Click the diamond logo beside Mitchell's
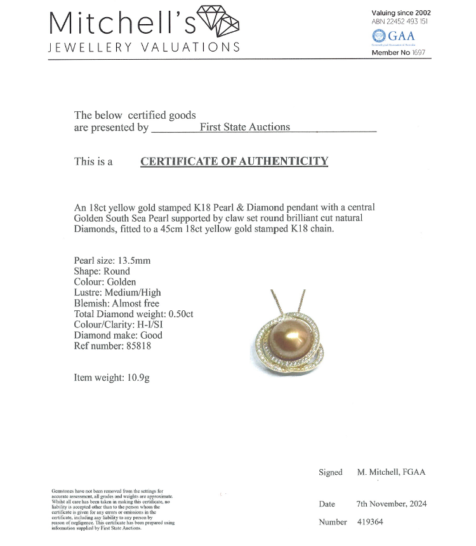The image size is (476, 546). [219, 24]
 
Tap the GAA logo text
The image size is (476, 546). [401, 36]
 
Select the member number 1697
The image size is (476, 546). [418, 53]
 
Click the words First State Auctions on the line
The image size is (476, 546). [244, 127]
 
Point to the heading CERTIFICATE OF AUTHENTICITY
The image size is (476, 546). [234, 161]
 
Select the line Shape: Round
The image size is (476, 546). [102, 271]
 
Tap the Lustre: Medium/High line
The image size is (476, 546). [117, 292]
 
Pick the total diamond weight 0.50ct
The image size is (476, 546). [180, 314]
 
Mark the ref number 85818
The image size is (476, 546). [138, 346]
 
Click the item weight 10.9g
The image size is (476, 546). [136, 378]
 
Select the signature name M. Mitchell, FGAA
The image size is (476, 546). [391, 472]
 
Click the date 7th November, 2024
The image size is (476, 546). [392, 504]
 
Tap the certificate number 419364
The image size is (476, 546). [371, 522]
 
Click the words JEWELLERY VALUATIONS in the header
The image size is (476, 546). [145, 48]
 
